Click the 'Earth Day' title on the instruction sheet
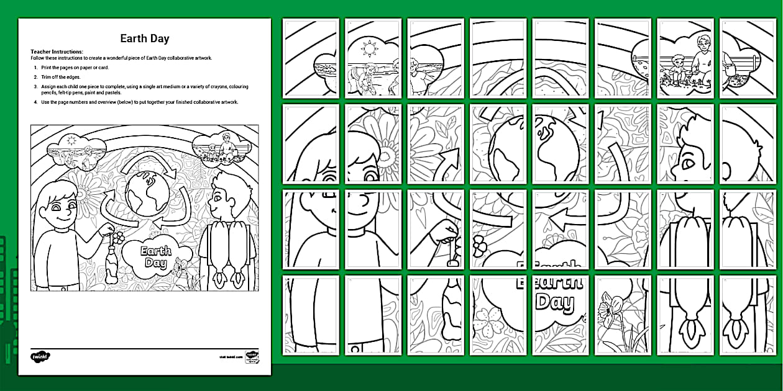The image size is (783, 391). point(144,38)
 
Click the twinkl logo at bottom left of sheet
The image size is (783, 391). point(40,356)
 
